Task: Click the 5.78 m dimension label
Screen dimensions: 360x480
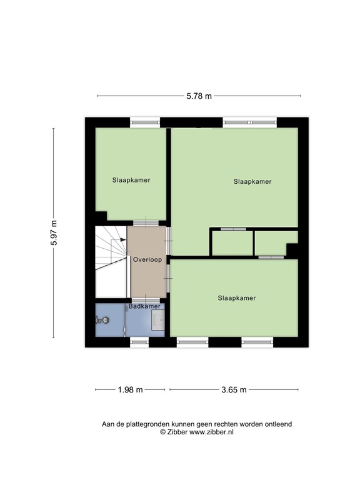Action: [199, 96]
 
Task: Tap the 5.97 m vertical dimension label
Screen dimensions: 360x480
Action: [54, 232]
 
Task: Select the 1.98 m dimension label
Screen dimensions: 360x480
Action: [131, 390]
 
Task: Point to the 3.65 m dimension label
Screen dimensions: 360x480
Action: [234, 390]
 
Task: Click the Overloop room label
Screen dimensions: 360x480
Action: [147, 259]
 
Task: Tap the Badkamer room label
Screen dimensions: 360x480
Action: [144, 306]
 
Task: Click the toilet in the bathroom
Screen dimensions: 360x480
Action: [102, 320]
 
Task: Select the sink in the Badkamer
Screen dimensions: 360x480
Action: [158, 319]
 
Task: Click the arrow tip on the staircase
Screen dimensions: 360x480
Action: [126, 240]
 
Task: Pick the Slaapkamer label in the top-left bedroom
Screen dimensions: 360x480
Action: [131, 180]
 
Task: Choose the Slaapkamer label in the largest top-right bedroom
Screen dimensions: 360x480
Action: [252, 181]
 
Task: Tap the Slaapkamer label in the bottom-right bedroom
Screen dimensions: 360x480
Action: [237, 298]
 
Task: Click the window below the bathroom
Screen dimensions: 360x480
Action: [139, 342]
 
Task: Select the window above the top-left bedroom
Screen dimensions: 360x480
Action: [145, 122]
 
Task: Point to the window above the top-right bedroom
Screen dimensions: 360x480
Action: [250, 122]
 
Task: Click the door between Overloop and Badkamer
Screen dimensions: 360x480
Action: [146, 300]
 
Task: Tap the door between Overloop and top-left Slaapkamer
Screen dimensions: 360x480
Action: [146, 223]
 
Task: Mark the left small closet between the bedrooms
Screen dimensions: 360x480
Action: [232, 243]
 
